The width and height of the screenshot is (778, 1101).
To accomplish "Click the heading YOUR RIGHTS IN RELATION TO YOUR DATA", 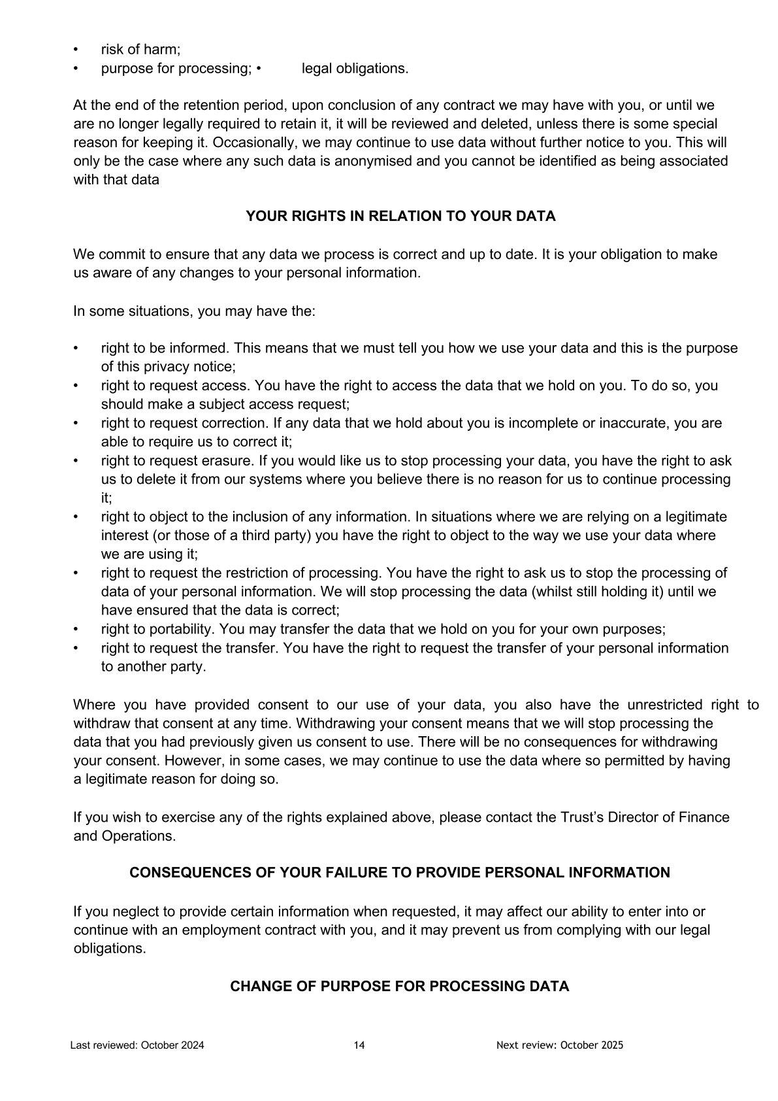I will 400,216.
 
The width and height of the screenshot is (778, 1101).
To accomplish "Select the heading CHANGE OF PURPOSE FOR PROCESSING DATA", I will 399,986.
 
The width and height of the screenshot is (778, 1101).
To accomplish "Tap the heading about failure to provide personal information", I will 399,873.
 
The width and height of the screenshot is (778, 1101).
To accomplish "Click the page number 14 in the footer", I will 359,1045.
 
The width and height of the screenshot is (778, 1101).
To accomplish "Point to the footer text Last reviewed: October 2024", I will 137,1045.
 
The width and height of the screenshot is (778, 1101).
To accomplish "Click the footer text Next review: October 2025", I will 560,1045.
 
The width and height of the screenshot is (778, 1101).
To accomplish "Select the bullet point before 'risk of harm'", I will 76,50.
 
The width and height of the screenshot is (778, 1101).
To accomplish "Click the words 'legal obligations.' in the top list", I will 355,69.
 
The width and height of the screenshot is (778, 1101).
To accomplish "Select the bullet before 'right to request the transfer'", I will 76,649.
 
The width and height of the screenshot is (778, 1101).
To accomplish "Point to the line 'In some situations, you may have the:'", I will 194,311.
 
